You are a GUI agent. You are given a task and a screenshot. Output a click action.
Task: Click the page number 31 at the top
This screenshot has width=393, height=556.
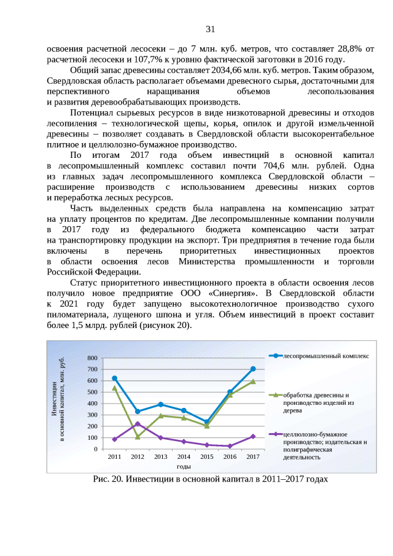[210, 29]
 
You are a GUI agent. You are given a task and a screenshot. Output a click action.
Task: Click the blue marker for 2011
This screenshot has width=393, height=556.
[115, 378]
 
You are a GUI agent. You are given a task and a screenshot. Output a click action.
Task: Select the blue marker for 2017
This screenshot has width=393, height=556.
[253, 369]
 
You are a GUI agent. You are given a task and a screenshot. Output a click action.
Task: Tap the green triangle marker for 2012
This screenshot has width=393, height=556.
[138, 437]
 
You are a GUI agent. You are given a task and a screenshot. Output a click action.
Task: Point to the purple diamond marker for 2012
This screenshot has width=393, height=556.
[138, 424]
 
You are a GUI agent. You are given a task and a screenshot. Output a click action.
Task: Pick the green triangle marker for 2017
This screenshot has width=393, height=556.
[253, 382]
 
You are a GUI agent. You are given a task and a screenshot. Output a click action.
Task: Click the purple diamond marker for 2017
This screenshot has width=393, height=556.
[253, 436]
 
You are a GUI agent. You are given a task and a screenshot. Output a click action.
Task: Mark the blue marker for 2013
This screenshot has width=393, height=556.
[161, 404]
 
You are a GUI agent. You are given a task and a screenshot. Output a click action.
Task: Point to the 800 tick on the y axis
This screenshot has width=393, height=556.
[92, 358]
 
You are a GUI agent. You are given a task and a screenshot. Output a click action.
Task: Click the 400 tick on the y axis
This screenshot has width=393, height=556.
[92, 404]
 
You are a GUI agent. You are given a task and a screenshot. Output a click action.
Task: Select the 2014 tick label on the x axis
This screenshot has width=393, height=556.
[184, 457]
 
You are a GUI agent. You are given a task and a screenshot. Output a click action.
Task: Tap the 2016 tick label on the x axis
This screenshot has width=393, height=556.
[230, 457]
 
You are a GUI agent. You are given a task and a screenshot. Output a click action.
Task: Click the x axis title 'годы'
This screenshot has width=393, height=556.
[184, 468]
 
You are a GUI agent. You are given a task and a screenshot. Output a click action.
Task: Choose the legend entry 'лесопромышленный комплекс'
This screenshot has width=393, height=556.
[325, 356]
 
